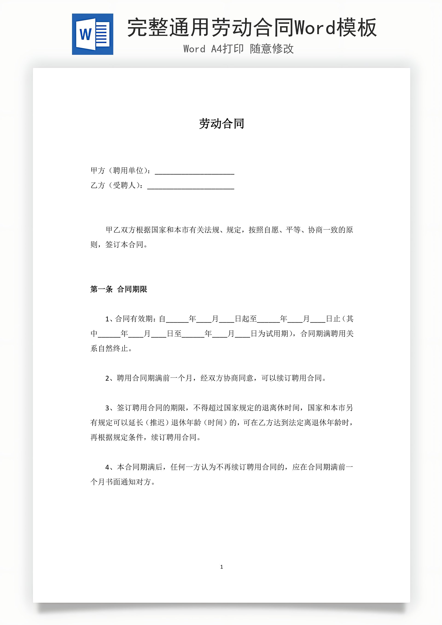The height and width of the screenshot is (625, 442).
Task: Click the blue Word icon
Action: point(93,34)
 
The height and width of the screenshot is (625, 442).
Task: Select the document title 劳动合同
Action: point(221,124)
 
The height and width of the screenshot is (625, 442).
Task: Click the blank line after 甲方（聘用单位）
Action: point(194,172)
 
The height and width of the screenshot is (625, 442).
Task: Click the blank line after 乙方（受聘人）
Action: point(191,186)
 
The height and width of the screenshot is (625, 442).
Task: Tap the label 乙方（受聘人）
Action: point(116,185)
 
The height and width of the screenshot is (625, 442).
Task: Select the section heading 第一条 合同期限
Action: point(119,289)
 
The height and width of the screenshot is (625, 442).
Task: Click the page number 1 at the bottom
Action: point(221,567)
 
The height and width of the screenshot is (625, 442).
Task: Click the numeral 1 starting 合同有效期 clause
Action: point(107,319)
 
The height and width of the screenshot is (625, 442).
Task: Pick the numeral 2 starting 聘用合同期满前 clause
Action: point(107,378)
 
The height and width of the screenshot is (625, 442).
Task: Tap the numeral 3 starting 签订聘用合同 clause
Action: point(107,408)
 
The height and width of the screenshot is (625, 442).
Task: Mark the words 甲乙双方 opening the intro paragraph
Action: point(120,230)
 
